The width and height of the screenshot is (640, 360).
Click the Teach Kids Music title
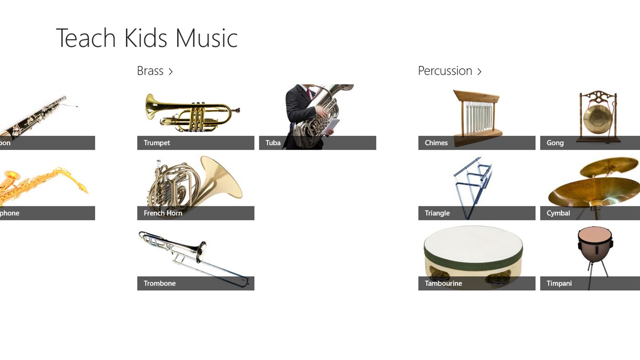[146, 38]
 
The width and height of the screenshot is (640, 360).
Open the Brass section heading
[150, 71]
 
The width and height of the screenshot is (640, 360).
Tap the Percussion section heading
[445, 71]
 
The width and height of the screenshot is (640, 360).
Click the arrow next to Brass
[171, 71]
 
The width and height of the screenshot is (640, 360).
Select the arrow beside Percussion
[479, 71]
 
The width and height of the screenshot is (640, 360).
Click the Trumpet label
[157, 143]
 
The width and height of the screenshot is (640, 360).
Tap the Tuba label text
[273, 143]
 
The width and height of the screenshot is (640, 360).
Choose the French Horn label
[163, 213]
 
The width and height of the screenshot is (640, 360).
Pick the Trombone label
[160, 283]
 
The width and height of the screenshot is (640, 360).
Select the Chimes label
[436, 143]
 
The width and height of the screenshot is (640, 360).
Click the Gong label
[555, 143]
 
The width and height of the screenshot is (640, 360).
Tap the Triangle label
[437, 213]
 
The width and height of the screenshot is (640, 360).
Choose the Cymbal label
[558, 213]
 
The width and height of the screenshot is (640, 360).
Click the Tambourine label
[443, 283]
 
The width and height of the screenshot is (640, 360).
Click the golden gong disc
[595, 118]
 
